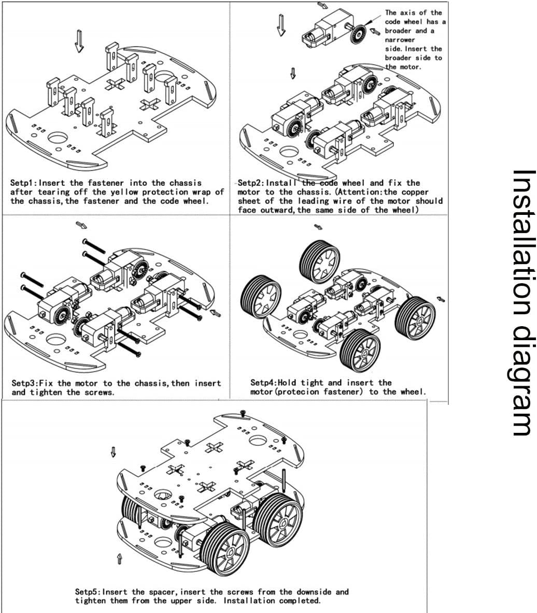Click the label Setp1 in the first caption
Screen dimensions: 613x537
coord(23,183)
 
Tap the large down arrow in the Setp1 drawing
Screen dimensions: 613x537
coord(79,41)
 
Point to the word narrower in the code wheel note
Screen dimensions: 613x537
coord(400,39)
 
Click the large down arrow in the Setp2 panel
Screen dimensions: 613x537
coord(282,25)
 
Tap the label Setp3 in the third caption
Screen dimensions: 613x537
coord(24,383)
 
